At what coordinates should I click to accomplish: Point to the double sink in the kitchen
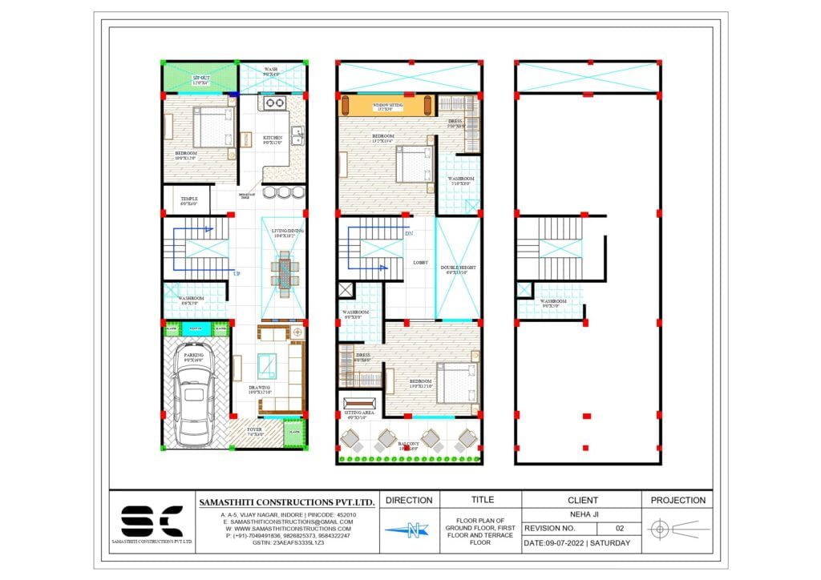(297, 135)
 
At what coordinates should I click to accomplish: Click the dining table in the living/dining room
(285, 271)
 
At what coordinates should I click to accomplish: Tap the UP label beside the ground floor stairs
(237, 274)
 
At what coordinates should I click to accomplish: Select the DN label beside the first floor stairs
(409, 234)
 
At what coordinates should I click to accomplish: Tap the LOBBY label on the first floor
(420, 263)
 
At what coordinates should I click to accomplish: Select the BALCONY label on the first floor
(410, 446)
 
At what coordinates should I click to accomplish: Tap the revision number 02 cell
(619, 529)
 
